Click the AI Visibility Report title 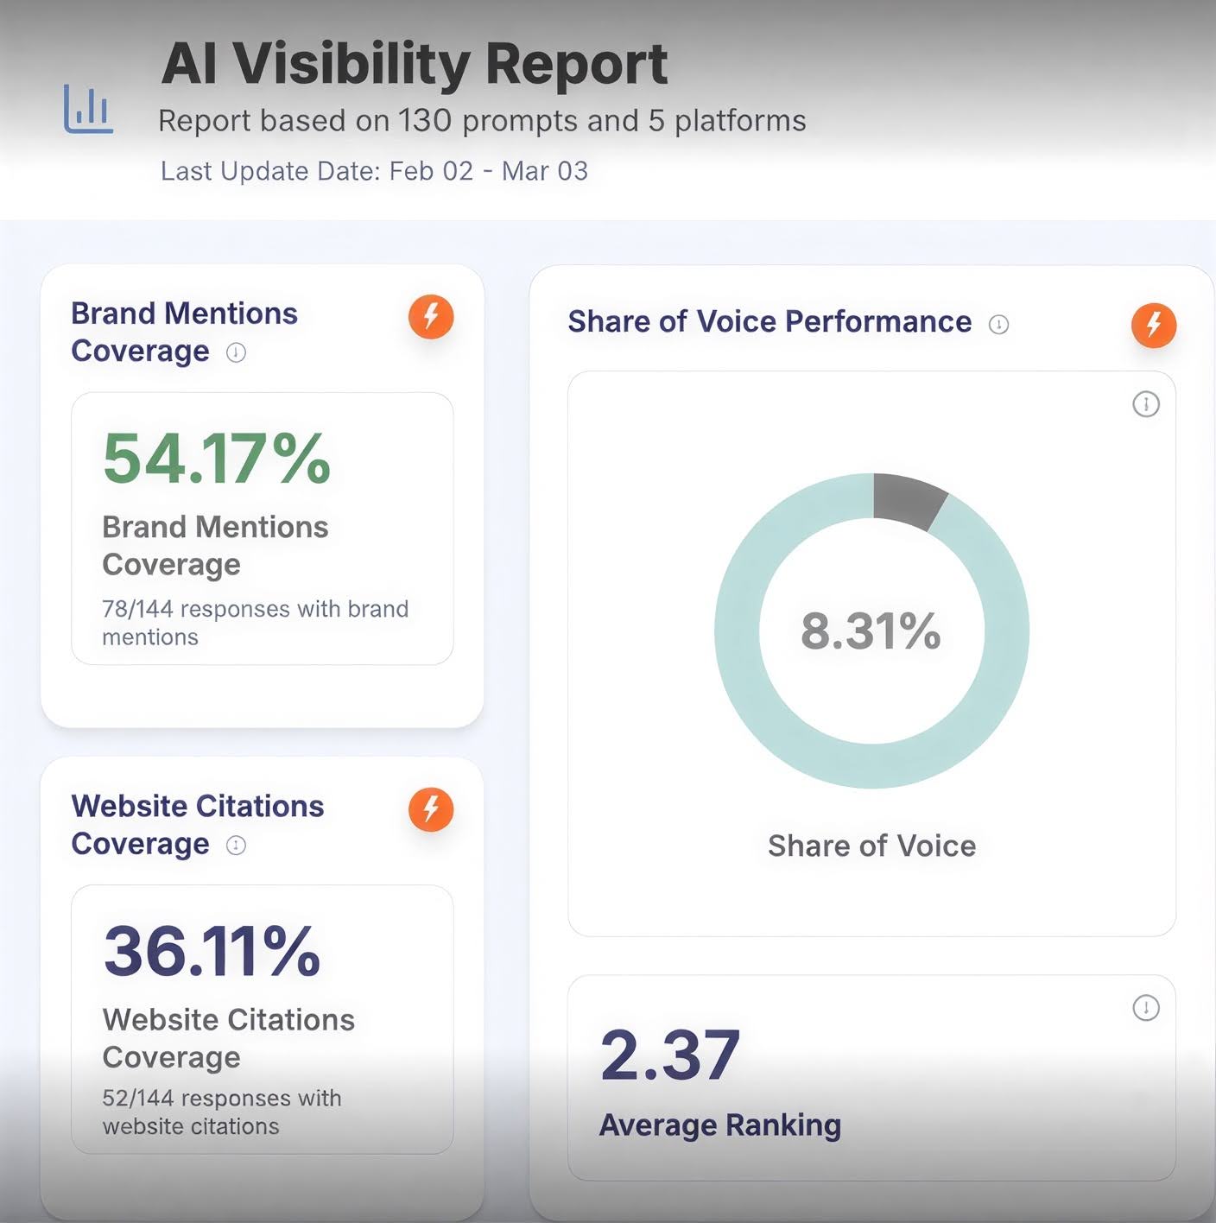414,64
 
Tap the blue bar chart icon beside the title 88,110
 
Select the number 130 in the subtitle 425,121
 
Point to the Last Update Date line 374,171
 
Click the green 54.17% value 216,459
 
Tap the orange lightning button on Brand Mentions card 431,317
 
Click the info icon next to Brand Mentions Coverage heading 236,352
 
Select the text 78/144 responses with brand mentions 255,623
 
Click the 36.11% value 212,951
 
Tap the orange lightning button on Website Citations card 431,809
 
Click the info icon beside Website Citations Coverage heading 236,845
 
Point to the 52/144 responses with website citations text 222,1112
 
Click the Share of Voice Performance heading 769,321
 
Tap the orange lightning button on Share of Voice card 1154,325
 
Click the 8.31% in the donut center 871,631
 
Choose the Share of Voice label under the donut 871,846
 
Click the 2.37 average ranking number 670,1055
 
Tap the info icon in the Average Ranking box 1146,1007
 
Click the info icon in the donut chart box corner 1146,403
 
